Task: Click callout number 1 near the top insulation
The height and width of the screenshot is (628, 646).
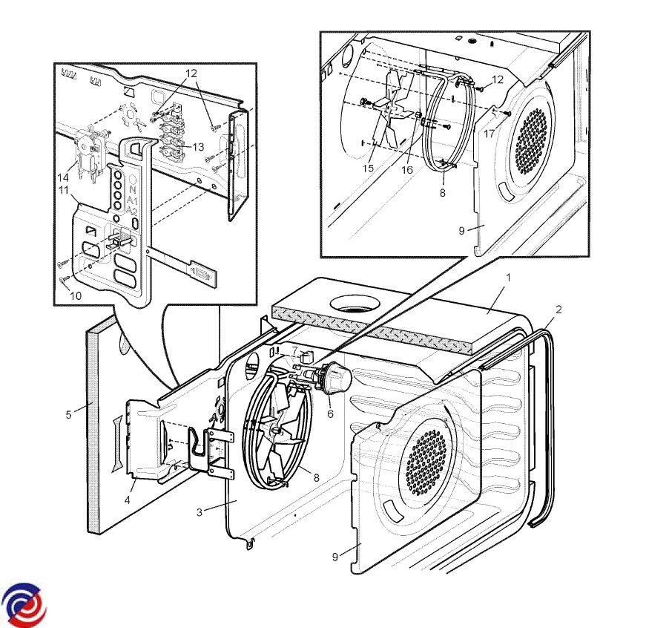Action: tap(508, 278)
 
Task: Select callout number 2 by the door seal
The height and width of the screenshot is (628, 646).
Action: tap(558, 310)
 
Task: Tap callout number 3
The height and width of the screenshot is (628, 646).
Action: tap(200, 512)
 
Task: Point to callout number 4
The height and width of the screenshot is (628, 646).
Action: tap(128, 500)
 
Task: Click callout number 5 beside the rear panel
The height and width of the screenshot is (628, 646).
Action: tap(68, 414)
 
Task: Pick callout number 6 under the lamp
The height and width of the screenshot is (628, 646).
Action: tap(330, 413)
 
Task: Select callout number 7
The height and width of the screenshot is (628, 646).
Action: tap(295, 350)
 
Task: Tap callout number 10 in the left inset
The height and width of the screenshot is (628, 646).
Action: tap(76, 295)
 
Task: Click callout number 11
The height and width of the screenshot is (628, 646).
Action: tap(63, 190)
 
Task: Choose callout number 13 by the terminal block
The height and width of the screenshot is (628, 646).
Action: tap(198, 147)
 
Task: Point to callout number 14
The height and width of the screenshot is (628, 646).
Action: tap(63, 177)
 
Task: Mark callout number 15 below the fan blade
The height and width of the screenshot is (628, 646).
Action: tap(368, 169)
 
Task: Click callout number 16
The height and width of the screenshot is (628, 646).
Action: tap(407, 170)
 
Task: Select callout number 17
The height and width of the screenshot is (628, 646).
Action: tap(489, 134)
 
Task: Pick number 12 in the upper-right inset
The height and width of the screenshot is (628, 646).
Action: tap(498, 79)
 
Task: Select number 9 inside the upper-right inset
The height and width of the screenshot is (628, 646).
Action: tap(461, 231)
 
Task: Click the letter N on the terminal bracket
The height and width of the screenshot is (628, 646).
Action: tap(132, 190)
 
